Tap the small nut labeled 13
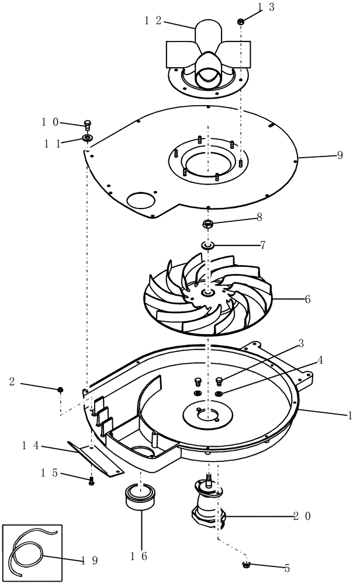(x=241, y=22)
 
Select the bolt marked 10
(x=88, y=124)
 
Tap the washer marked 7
(x=207, y=244)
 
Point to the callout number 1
(x=349, y=415)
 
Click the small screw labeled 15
(x=92, y=481)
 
